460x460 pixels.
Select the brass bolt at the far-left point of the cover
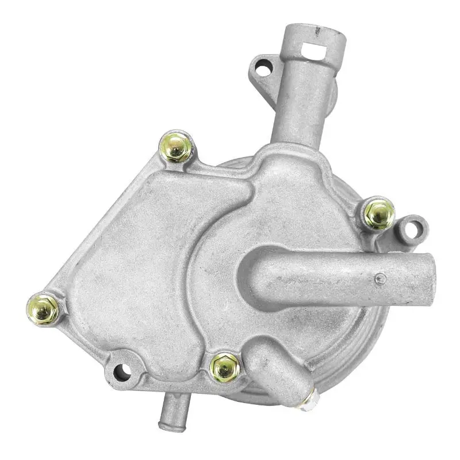43,309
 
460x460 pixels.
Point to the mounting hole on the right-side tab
411,228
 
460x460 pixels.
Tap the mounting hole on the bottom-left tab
122,371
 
